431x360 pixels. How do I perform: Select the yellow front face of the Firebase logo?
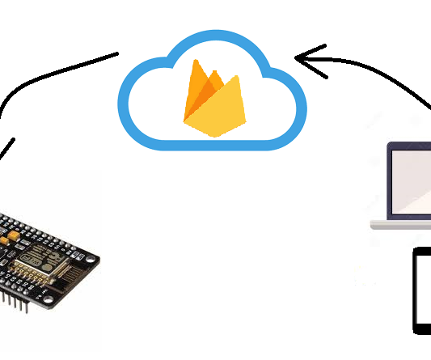[216, 109]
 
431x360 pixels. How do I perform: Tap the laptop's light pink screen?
[412, 182]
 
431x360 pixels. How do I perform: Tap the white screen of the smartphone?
[425, 291]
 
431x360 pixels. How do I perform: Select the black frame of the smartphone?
[416, 291]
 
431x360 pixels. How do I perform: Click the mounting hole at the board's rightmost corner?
[93, 260]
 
